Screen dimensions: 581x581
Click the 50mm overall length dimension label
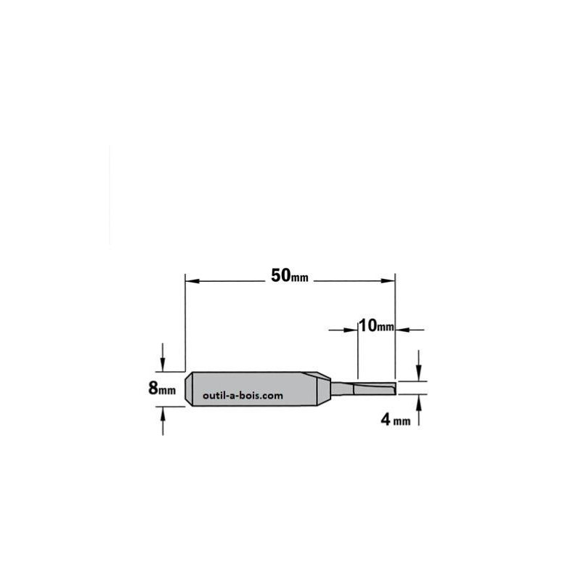pos(289,276)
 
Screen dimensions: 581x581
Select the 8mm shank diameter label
pos(162,389)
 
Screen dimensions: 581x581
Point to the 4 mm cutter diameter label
pos(396,420)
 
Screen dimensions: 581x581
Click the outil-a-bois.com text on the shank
pos(243,396)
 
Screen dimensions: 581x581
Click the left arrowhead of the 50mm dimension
pos(192,281)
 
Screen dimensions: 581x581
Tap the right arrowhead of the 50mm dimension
pos(388,281)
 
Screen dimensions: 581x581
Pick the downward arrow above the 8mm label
pos(163,357)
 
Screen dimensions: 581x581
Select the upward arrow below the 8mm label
pos(163,420)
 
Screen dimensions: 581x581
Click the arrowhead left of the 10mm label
pos(344,330)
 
